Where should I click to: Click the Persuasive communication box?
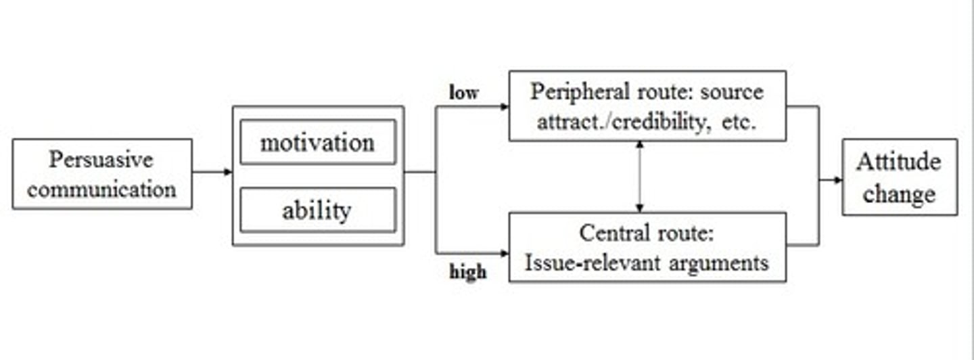coord(102,174)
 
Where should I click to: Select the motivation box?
coord(317,142)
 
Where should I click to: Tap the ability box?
coord(317,210)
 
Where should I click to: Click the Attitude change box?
coord(899,177)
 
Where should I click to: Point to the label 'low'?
coord(463,93)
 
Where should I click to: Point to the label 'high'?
coord(467,272)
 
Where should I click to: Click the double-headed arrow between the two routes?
coord(639,177)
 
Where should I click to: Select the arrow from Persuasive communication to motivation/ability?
coord(212,172)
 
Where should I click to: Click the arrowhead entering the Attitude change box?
coord(837,180)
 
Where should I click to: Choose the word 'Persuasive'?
coord(101,160)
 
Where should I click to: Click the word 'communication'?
coord(102,189)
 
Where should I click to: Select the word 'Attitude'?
coord(898,162)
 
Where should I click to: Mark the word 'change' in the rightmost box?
coord(899,194)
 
